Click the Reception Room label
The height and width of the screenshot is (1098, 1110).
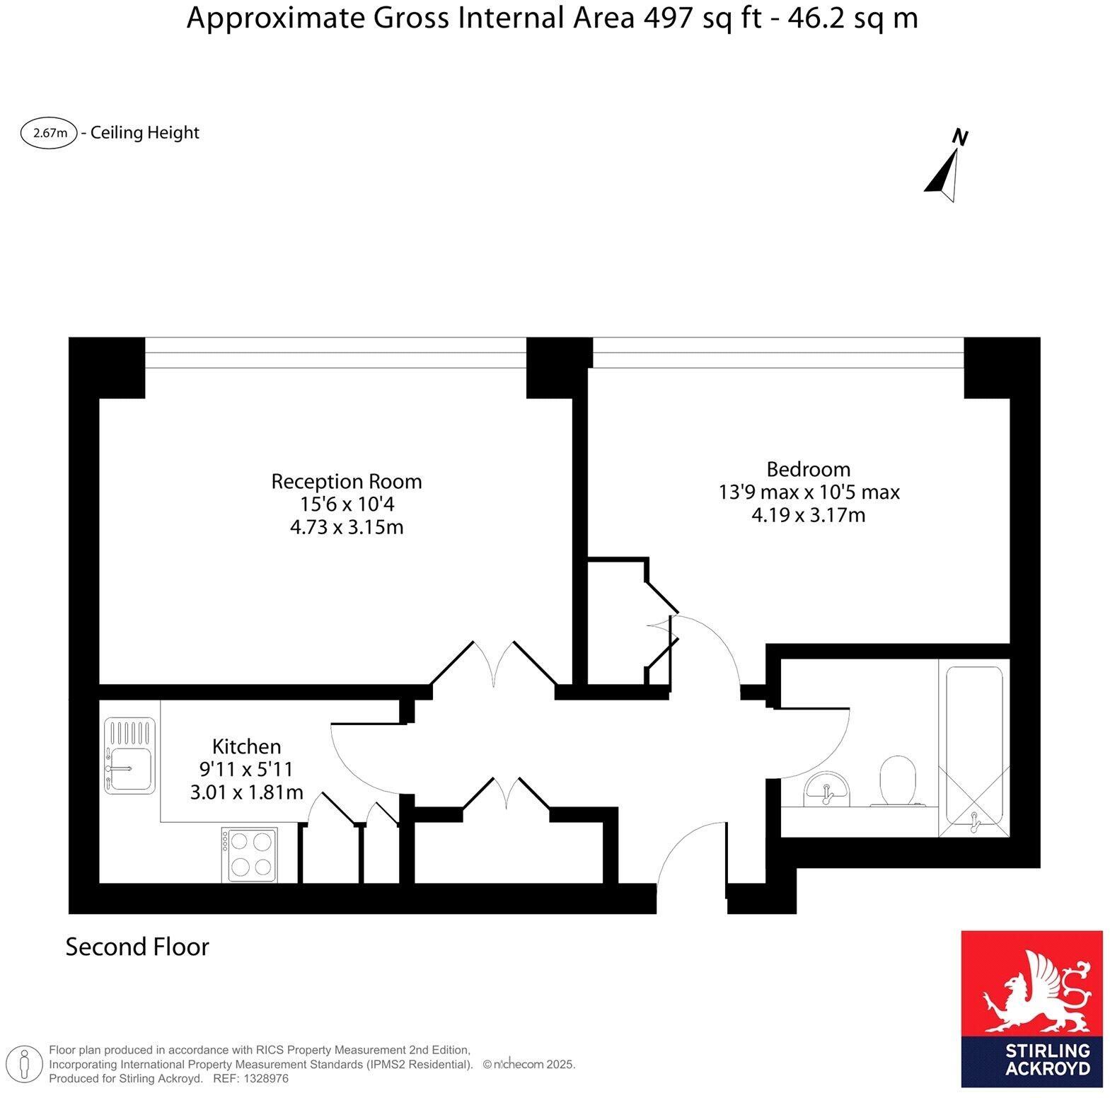(x=346, y=482)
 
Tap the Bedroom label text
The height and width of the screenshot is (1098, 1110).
(x=808, y=469)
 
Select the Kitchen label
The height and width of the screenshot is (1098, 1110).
(x=246, y=746)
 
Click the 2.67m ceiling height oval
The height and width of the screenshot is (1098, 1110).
(x=49, y=133)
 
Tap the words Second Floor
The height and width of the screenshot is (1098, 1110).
(x=137, y=947)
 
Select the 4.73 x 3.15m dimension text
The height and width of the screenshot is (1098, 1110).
(x=347, y=528)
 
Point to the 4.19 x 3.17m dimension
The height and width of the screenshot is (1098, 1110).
(x=808, y=515)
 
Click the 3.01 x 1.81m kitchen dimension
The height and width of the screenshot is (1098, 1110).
(x=246, y=792)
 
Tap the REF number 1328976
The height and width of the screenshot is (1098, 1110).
(x=266, y=1079)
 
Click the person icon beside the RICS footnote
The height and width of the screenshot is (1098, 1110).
(x=25, y=1064)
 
